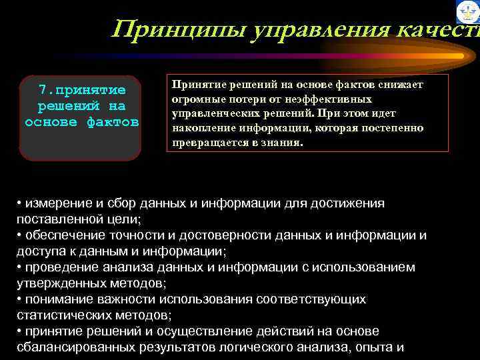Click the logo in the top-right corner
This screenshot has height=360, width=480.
pyautogui.click(x=467, y=12)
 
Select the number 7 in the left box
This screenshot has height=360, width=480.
pyautogui.click(x=42, y=90)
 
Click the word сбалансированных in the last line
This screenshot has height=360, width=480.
pyautogui.click(x=76, y=347)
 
